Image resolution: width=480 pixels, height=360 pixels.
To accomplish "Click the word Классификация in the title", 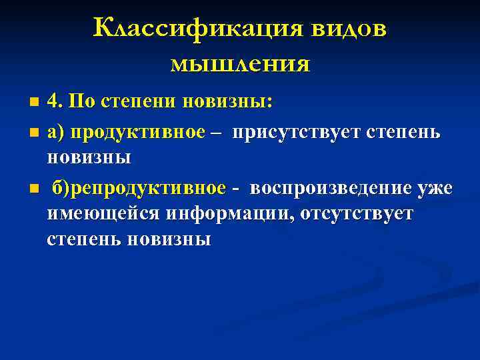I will tap(194, 30).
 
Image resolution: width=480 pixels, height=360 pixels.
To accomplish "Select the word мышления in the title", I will tap(240, 63).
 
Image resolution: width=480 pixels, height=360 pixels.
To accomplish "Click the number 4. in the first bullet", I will tap(55, 103).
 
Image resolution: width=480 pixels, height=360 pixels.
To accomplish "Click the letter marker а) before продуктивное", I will tap(55, 131).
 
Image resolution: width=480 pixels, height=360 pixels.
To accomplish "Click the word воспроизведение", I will tap(330, 189).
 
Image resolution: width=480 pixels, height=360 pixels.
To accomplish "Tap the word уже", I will tap(435, 189).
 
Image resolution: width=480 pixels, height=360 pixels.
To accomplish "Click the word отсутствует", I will tap(357, 214).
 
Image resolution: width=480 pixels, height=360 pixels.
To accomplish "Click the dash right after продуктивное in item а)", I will tap(216, 132).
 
